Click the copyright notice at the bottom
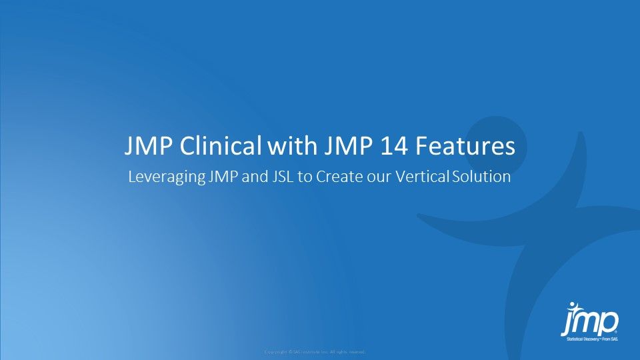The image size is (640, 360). coord(315,351)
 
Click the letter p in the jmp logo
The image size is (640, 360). coord(607,324)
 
